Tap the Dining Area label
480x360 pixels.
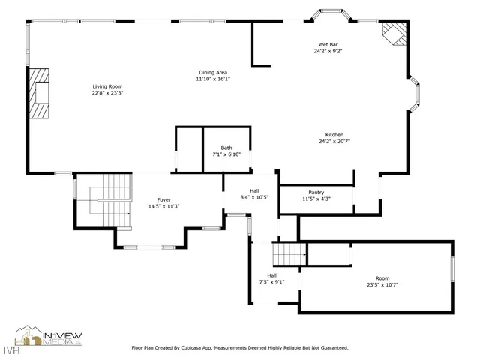[212, 72]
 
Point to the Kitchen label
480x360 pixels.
[334, 135]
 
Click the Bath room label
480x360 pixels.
[226, 148]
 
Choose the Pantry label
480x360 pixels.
[316, 192]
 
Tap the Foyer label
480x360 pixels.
[163, 199]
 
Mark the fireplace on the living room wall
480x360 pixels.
[40, 93]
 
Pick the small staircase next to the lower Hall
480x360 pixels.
[288, 254]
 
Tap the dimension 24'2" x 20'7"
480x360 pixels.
[334, 142]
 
